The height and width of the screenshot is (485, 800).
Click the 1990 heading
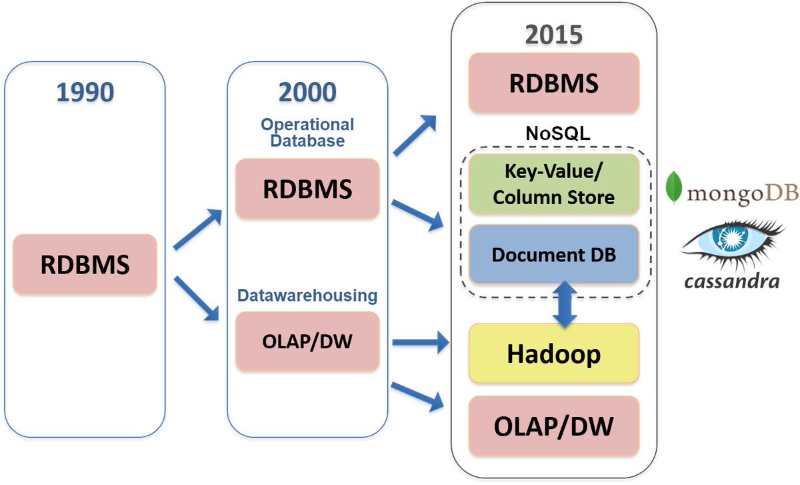[85, 91]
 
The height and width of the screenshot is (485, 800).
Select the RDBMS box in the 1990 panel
[85, 264]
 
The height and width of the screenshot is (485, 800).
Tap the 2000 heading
[307, 91]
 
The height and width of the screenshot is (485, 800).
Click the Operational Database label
[307, 133]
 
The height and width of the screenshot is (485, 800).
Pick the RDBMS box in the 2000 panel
[307, 189]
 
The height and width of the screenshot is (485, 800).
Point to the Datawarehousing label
[307, 294]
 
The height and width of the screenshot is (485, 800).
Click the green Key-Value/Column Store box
[553, 184]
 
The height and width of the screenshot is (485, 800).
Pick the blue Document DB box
[553, 254]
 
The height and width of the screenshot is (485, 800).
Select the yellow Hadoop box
[553, 354]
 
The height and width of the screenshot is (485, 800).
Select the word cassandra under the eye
[731, 281]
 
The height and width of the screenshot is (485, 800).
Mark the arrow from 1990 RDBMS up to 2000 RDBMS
[198, 229]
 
